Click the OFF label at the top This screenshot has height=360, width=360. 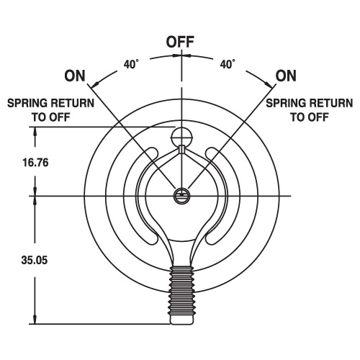(x=180, y=42)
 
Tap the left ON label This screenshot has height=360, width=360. (x=75, y=76)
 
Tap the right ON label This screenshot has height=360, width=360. (x=286, y=76)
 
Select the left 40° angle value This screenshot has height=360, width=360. (x=131, y=64)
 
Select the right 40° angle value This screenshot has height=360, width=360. (x=228, y=64)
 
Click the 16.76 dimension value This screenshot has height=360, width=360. (x=35, y=163)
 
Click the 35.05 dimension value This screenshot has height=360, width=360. (x=35, y=260)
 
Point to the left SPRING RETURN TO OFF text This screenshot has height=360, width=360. (x=50, y=110)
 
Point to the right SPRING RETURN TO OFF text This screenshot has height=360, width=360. (x=310, y=110)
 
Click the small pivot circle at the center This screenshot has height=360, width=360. (x=181, y=196)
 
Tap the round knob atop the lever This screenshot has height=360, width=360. (x=181, y=137)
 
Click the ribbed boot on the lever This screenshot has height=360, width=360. (x=181, y=290)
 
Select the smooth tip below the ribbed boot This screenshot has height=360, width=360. (x=181, y=320)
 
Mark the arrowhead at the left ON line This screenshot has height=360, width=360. (x=96, y=84)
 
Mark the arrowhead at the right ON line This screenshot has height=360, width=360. (x=269, y=84)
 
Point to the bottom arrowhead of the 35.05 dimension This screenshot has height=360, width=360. (x=35, y=319)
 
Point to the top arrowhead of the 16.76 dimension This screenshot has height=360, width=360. (x=35, y=132)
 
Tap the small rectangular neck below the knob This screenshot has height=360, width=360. (x=181, y=149)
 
